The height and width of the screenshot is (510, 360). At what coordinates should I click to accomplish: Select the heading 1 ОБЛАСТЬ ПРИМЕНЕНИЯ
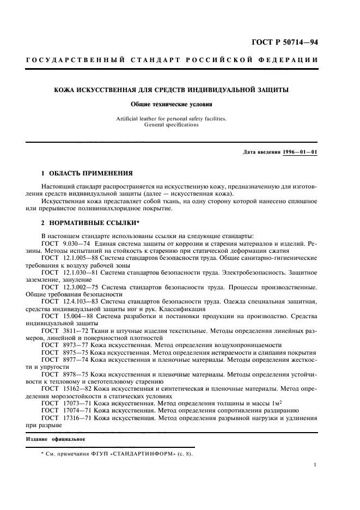[x=87, y=173]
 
